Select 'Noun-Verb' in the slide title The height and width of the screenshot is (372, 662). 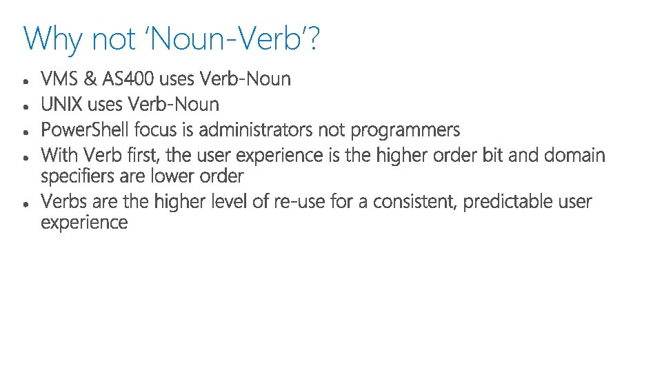tap(227, 39)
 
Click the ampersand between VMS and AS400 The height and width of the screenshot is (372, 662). tap(91, 79)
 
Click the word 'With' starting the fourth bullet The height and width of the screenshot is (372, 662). tap(59, 155)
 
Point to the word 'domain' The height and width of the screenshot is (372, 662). tap(574, 155)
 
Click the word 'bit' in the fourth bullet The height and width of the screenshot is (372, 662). tap(492, 155)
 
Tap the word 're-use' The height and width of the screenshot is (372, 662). tap(296, 202)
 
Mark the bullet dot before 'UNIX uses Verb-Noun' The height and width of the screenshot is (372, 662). tap(26, 107)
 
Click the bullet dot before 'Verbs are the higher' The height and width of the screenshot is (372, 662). tap(26, 204)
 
